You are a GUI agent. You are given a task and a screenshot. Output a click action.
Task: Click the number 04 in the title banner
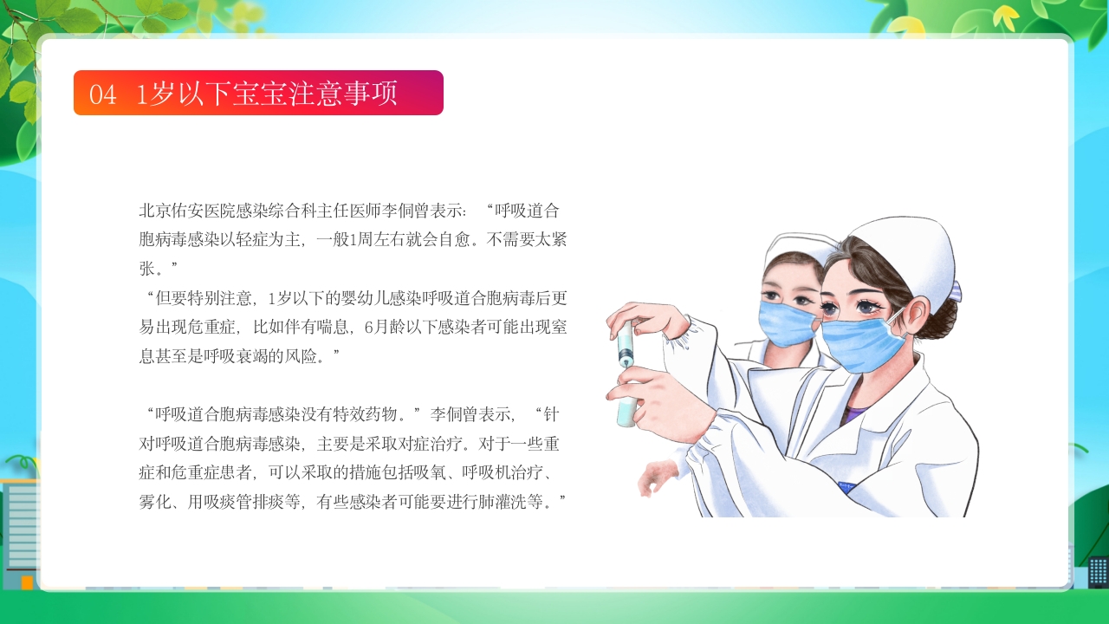102,94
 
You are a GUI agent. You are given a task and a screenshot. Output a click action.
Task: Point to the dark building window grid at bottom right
1098,570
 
